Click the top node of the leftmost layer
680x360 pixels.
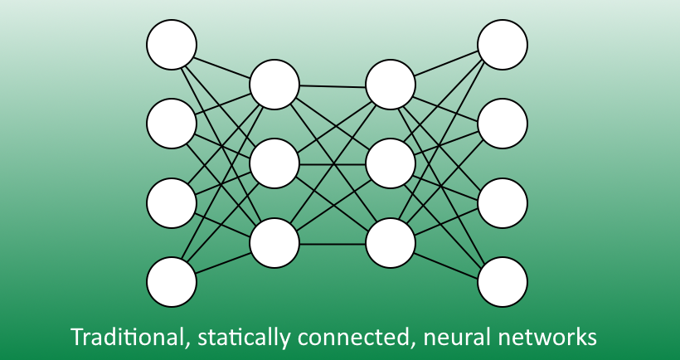pos(172,44)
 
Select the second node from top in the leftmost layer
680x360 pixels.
pos(172,123)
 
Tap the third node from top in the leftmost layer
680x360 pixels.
pos(172,202)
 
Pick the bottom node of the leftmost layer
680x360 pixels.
pos(172,282)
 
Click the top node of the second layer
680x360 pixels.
pos(274,85)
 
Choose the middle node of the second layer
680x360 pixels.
pos(274,164)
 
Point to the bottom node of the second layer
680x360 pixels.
pos(274,243)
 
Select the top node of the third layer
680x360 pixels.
pos(390,85)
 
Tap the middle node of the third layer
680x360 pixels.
pos(390,164)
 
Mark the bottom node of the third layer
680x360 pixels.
pos(390,243)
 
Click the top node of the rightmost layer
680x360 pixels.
pos(503,44)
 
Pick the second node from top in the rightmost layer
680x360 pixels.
pos(503,123)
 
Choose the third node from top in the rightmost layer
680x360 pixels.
pos(503,202)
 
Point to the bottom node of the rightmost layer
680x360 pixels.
pos(503,282)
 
